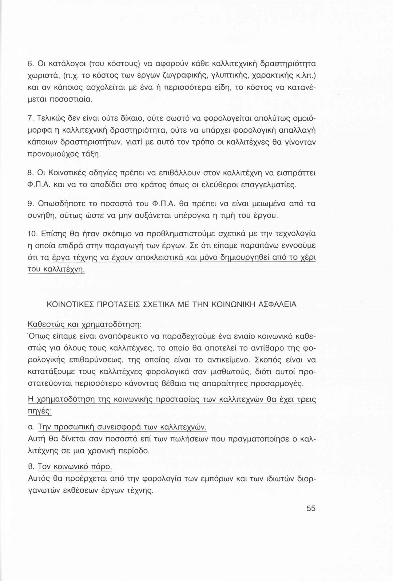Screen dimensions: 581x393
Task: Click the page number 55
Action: tap(311, 508)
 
